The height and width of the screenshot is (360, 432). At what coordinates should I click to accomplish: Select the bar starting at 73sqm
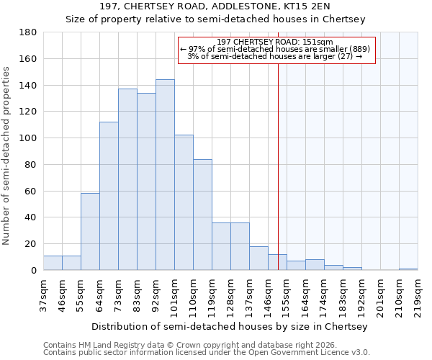(127, 179)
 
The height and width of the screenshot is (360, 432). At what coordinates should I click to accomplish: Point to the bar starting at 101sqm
(184, 202)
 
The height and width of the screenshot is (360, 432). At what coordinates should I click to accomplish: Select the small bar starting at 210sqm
(408, 269)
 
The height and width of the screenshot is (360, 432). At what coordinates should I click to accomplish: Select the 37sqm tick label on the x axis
(43, 294)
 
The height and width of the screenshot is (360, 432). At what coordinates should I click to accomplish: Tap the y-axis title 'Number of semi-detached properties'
(7, 156)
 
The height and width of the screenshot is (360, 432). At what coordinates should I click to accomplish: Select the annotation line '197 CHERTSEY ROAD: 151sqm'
(277, 42)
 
